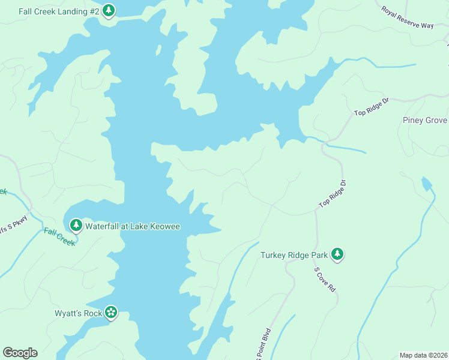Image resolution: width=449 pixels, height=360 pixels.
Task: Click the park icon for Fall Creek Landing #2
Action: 108,10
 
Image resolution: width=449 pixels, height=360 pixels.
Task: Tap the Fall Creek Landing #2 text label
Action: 59,11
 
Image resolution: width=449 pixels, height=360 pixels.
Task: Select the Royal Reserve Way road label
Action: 408,17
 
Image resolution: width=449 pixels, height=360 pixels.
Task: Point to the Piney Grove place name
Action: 424,120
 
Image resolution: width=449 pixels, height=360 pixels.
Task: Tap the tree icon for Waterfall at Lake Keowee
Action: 76,226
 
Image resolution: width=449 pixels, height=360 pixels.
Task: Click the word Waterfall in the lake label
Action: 105,226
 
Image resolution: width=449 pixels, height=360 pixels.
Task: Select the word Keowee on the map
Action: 164,226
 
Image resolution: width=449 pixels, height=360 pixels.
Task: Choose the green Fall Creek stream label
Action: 59,236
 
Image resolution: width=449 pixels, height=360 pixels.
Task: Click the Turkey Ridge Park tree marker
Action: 338,254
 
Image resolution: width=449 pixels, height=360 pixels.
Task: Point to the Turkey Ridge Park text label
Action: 294,255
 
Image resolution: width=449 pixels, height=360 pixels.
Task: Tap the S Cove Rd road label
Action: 325,279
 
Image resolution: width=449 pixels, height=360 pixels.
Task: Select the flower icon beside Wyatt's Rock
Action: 110,312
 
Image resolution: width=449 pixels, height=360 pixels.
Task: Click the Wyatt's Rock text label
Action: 78,313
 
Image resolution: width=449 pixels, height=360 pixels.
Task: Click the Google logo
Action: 20,353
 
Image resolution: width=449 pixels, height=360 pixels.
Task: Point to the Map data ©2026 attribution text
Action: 423,355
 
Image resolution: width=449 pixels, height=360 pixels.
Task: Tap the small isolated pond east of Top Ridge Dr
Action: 426,183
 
